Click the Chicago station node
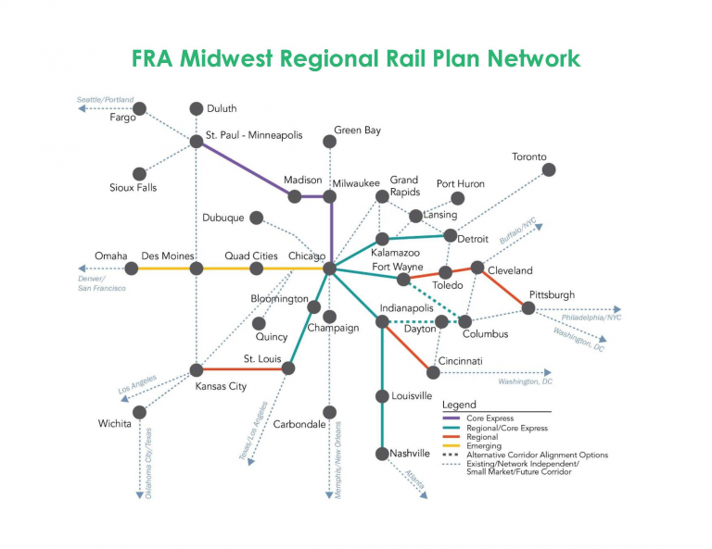pyautogui.click(x=330, y=268)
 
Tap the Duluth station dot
pyautogui.click(x=197, y=109)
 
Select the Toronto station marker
pyautogui.click(x=549, y=170)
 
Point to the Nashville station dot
pyautogui.click(x=382, y=454)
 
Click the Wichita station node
pyautogui.click(x=139, y=412)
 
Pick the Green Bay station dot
pyautogui.click(x=330, y=142)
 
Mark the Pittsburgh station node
pyautogui.click(x=528, y=308)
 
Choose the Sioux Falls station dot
pyautogui.click(x=139, y=174)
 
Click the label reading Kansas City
pyautogui.click(x=221, y=386)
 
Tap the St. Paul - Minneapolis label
pyautogui.click(x=254, y=135)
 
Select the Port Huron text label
pyautogui.click(x=461, y=183)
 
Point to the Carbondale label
pyautogui.click(x=299, y=424)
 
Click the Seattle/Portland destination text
pyautogui.click(x=106, y=100)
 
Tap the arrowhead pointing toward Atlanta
pyautogui.click(x=424, y=495)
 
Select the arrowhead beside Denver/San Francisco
pyautogui.click(x=82, y=268)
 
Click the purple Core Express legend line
pyautogui.click(x=451, y=418)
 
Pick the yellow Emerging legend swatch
pyautogui.click(x=451, y=446)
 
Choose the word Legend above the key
pyautogui.click(x=459, y=405)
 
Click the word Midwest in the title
pyautogui.click(x=226, y=58)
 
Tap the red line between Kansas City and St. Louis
pyautogui.click(x=243, y=369)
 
